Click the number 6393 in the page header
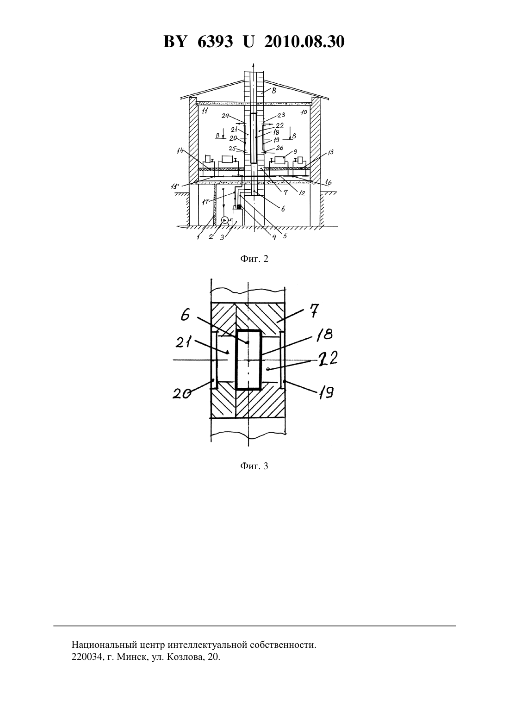pos(215,42)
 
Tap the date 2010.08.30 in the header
pos(304,42)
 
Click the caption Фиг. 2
pos(254,259)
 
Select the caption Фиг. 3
pos(254,466)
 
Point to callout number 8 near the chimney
pos(274,91)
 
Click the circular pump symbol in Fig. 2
pos(224,220)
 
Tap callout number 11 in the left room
pos(205,112)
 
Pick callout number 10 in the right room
pos(304,112)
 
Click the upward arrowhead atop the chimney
pos(254,64)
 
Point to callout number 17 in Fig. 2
pos(206,203)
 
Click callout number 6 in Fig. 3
pos(185,316)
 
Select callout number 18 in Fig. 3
pos(325,335)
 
